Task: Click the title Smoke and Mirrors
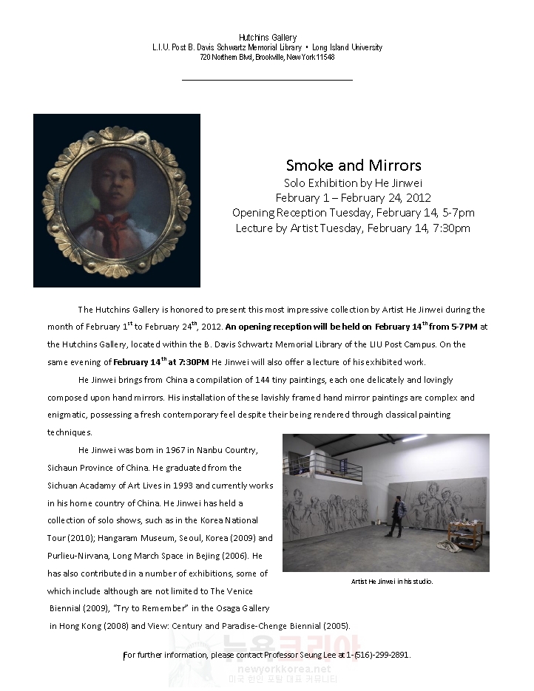[354, 165]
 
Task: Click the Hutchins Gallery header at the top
[267, 38]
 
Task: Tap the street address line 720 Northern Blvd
[267, 57]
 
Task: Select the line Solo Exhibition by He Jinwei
[354, 183]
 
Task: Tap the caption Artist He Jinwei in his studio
[392, 582]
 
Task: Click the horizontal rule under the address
[267, 79]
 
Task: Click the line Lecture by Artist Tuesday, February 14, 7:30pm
[353, 228]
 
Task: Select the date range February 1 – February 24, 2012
[354, 198]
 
